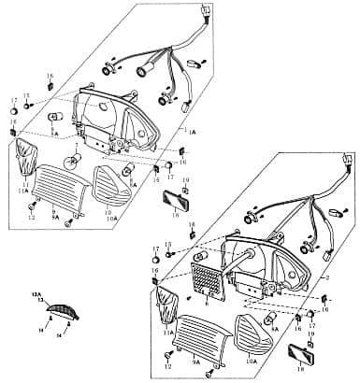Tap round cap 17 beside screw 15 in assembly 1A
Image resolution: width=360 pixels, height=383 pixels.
14,110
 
